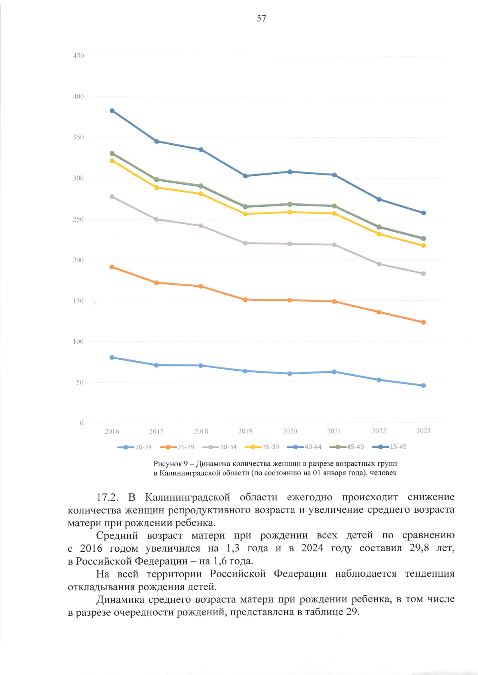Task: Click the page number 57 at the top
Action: coord(261,18)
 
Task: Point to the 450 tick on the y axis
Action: coord(78,56)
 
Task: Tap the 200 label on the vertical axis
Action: coord(78,260)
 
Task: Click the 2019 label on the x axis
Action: coord(245,431)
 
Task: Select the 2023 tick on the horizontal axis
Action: coord(423,431)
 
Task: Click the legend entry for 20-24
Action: coord(135,447)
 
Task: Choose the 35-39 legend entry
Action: coord(262,447)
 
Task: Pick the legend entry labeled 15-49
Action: coord(389,447)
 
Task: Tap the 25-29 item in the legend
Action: coord(177,447)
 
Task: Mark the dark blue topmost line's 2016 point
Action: coord(112,111)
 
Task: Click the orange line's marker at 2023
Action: coord(423,322)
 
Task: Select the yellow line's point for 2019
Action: coord(245,214)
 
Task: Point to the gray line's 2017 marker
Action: coord(156,220)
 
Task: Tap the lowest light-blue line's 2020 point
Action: coord(290,373)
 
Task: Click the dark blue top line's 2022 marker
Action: coord(379,199)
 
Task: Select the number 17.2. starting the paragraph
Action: coord(108,497)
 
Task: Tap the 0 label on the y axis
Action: coord(82,423)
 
